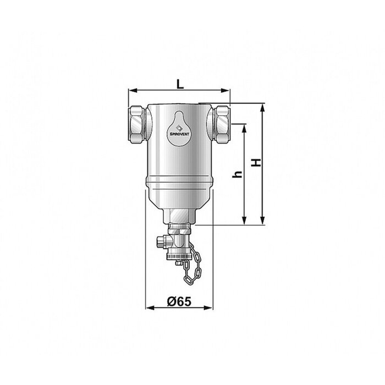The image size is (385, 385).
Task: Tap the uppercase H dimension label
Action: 255,163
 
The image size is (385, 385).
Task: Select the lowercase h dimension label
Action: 238,174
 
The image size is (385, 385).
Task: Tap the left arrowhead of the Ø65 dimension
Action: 147,308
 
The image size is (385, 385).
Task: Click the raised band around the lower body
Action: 178,182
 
